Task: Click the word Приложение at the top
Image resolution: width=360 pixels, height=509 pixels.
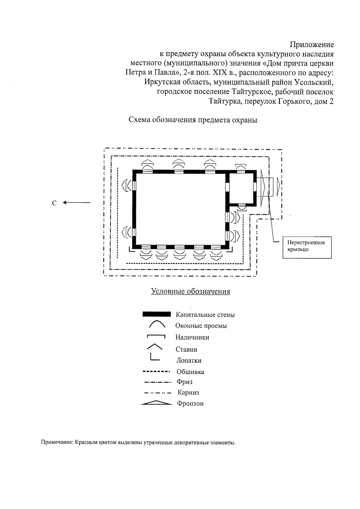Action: point(312,45)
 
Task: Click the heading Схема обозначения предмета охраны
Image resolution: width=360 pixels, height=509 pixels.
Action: point(193,120)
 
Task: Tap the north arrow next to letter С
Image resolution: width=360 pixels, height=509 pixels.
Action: point(76,203)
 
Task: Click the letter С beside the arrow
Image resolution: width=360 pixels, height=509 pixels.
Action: point(54,203)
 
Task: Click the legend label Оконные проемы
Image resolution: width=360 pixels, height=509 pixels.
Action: point(201,326)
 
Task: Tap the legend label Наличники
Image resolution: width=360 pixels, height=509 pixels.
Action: point(192,337)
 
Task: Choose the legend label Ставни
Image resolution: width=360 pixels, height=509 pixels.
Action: point(186,349)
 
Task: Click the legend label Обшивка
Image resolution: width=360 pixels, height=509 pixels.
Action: point(190,372)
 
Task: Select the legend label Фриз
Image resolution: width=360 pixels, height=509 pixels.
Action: point(185,382)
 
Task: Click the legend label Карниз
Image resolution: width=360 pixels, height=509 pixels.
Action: point(188,393)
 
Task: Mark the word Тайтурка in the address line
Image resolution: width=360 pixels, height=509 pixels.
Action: point(225,101)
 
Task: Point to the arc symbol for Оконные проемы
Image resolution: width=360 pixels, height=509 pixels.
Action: point(157,324)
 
